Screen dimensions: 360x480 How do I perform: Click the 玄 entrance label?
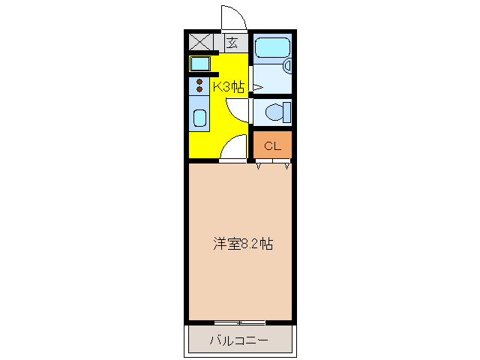click(x=232, y=43)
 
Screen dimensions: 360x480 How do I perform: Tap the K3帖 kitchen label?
click(x=229, y=87)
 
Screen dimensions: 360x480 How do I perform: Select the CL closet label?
click(x=272, y=146)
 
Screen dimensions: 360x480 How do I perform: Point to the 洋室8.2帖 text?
click(x=242, y=244)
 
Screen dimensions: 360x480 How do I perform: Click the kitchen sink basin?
click(x=200, y=118)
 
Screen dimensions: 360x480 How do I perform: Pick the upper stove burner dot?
click(x=200, y=80)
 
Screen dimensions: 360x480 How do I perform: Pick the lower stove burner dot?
click(x=200, y=90)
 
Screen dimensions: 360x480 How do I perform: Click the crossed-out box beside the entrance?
click(x=201, y=42)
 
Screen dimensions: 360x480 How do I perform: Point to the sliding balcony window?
click(x=238, y=322)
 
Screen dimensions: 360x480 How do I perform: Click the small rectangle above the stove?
click(x=200, y=64)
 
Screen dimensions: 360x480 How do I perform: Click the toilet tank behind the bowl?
click(x=288, y=112)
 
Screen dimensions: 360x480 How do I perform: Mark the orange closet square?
click(x=272, y=145)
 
